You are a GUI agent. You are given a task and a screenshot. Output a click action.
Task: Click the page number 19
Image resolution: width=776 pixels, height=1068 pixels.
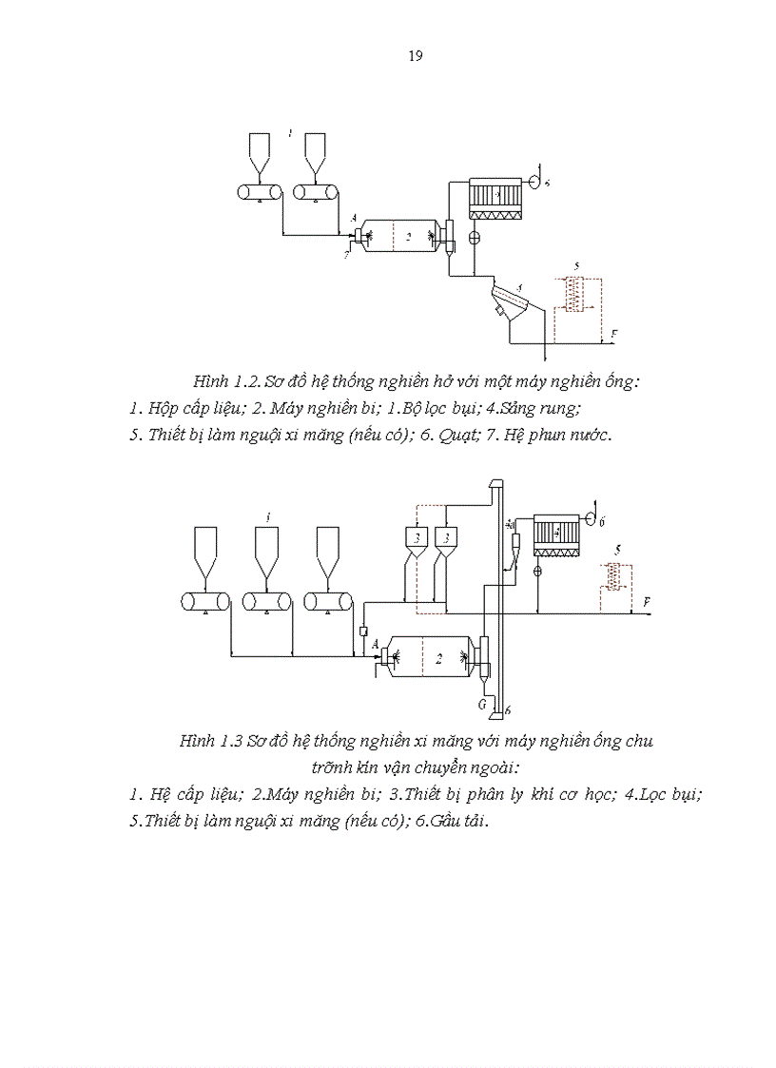415,55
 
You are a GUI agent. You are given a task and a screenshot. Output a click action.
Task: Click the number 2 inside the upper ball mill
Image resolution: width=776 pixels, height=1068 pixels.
408,237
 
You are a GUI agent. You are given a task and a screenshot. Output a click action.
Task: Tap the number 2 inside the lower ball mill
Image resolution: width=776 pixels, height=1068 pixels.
438,658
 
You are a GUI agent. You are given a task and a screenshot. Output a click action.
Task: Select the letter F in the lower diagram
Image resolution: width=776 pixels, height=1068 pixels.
647,602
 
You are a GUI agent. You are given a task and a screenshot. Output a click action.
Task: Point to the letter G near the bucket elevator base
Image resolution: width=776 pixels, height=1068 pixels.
483,704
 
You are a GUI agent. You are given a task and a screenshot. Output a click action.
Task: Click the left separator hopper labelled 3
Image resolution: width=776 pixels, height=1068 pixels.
417,539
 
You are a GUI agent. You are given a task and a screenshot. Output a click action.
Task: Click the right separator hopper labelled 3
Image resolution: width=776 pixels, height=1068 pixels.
444,539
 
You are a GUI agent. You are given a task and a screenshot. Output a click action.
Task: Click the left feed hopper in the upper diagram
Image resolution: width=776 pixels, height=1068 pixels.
260,152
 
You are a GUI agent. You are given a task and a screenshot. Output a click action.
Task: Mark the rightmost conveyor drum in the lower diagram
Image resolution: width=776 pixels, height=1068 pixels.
328,601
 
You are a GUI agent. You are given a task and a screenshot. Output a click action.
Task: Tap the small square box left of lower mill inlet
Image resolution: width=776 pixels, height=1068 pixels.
363,631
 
